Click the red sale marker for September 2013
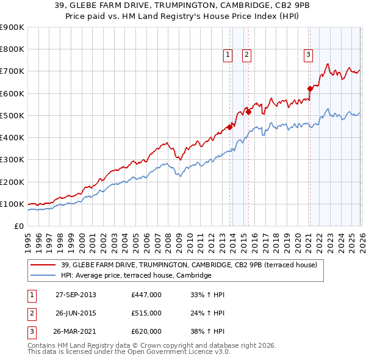230,127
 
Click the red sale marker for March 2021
310,88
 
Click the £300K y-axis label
12,160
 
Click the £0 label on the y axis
18,226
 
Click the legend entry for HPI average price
135,276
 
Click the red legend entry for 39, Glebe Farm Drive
188,265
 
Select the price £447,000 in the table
146,295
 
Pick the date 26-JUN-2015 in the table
76,313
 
